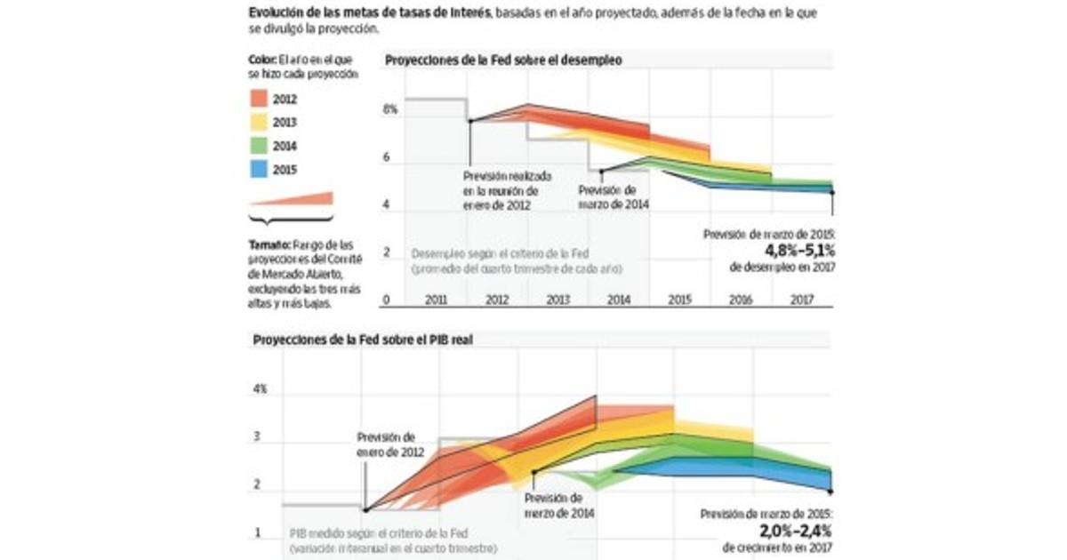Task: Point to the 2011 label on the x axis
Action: (436, 300)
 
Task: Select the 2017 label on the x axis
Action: (802, 300)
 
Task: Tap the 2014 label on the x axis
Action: (619, 300)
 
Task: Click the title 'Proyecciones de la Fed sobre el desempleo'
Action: (503, 60)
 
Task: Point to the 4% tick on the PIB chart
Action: (261, 389)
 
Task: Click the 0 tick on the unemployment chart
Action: (387, 300)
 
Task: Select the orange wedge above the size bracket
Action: (293, 199)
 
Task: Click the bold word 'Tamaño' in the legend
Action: (266, 243)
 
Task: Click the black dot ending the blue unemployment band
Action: (832, 192)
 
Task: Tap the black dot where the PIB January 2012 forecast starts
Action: (366, 509)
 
